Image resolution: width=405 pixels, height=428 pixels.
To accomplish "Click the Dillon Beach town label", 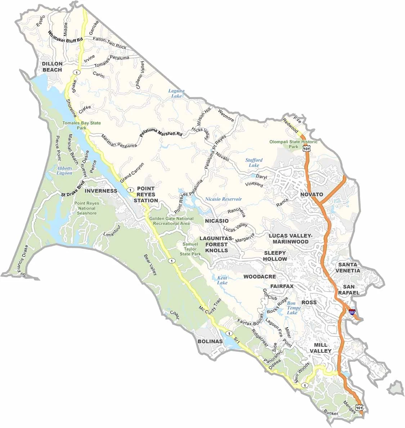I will (x=52, y=67).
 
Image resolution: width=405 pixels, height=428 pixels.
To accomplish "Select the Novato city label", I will (x=312, y=194).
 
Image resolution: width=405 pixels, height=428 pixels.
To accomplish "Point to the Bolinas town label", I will (x=210, y=341).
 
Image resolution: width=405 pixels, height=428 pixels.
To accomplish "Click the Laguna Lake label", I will (x=176, y=94).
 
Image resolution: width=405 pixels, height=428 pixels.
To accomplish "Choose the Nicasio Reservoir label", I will (x=223, y=199).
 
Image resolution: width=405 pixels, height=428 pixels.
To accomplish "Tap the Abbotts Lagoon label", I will (x=64, y=171).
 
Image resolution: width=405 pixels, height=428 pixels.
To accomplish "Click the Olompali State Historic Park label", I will (x=293, y=144).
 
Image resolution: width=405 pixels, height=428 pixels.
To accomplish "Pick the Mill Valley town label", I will (x=320, y=348).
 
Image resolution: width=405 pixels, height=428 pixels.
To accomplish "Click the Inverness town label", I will (x=101, y=191).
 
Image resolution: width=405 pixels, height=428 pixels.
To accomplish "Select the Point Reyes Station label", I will (x=146, y=194).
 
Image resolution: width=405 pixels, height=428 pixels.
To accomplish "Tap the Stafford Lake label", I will (x=254, y=163).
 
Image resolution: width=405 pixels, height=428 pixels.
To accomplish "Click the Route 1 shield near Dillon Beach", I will (x=76, y=72).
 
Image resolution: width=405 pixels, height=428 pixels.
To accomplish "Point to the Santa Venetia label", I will (x=347, y=267).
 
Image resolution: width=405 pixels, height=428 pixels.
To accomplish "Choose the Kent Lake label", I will (x=222, y=280).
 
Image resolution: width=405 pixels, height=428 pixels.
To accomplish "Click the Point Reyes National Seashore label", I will (x=87, y=208).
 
